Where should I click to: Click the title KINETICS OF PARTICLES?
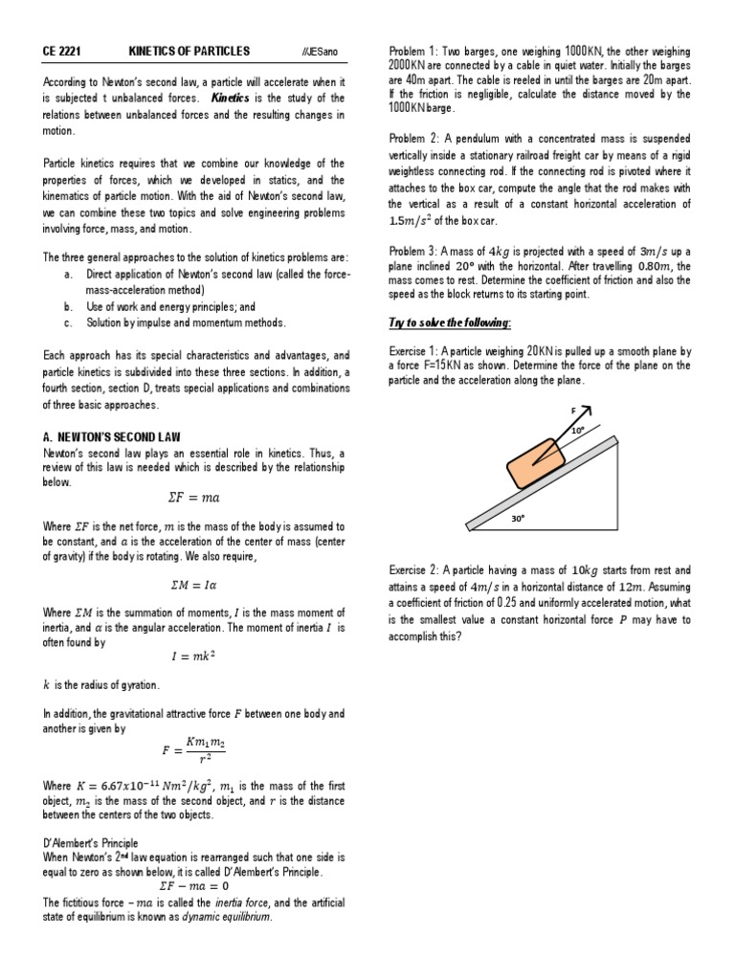[x=189, y=51]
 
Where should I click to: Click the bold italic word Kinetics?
[x=230, y=99]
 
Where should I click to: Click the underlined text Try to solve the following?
[x=450, y=323]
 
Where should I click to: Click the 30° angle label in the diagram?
[x=518, y=518]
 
